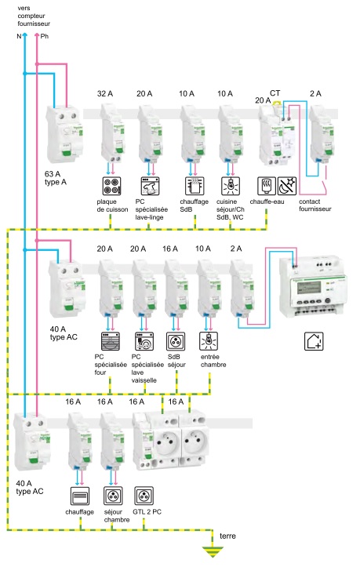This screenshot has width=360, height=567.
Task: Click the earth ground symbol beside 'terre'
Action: [x=213, y=552]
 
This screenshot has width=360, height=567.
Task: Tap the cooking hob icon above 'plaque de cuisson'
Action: [x=111, y=186]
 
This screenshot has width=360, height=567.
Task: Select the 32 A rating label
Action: [x=105, y=93]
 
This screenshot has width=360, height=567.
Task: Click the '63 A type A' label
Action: [x=56, y=178]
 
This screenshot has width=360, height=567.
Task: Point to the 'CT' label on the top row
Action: [x=275, y=93]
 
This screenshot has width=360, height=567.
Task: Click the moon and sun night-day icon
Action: [x=287, y=186]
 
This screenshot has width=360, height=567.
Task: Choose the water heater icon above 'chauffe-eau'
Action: [x=267, y=186]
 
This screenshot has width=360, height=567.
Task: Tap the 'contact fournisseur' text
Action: [x=315, y=205]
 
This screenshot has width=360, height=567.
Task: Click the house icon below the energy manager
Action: [x=314, y=341]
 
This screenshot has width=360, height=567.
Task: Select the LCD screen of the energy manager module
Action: [x=307, y=289]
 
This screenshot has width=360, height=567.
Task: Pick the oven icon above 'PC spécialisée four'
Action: [x=111, y=341]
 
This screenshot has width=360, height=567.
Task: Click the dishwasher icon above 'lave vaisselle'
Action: [x=144, y=341]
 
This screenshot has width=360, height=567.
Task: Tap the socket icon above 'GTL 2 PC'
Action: [x=144, y=496]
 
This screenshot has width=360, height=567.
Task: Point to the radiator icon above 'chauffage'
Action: [x=79, y=496]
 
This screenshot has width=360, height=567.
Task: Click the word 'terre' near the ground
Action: [x=227, y=536]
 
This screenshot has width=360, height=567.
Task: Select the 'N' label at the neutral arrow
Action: [x=19, y=36]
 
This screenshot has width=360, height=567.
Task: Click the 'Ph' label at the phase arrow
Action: [x=45, y=36]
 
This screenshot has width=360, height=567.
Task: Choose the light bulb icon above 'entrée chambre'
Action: [x=209, y=341]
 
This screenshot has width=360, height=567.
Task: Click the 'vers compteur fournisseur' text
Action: [x=34, y=16]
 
